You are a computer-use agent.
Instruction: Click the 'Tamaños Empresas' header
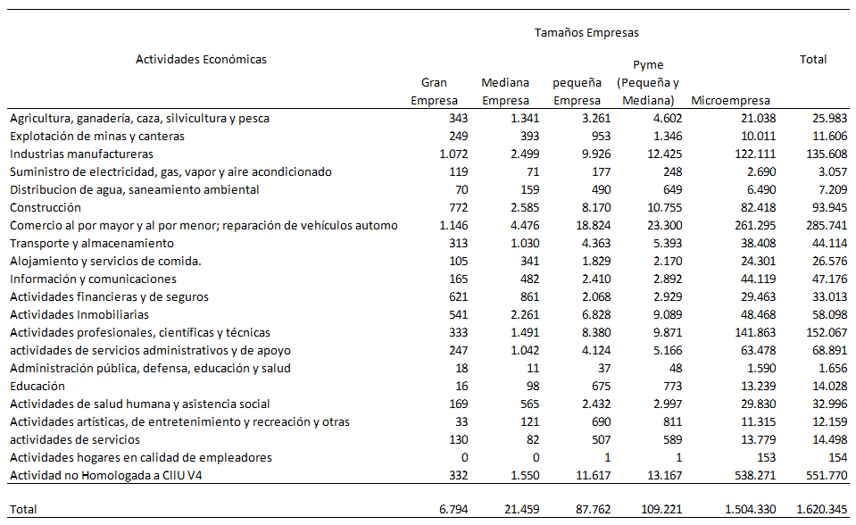point(586,33)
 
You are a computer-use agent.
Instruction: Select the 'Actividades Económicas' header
point(201,60)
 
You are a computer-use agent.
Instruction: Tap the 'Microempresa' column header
point(730,101)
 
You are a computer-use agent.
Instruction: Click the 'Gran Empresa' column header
point(434,91)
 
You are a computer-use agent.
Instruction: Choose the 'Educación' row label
point(37,386)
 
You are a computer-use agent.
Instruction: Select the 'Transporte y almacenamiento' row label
point(91,243)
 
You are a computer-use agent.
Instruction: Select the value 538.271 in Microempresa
point(750,475)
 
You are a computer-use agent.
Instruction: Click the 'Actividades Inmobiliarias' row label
point(79,314)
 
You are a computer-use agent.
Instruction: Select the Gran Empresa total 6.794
point(441,509)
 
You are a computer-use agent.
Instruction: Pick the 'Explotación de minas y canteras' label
point(96,136)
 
